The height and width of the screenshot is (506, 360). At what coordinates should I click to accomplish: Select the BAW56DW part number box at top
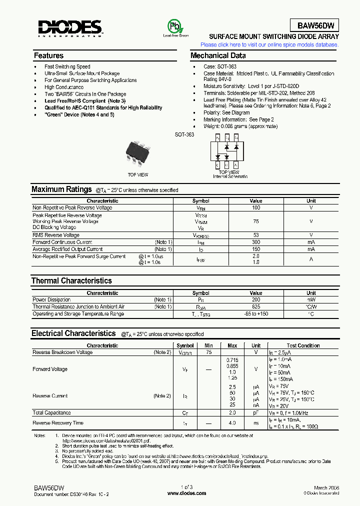click(315, 25)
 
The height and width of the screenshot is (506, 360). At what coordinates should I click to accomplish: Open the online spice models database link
click(269, 44)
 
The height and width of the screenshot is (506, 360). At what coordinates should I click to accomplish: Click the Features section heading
click(48, 55)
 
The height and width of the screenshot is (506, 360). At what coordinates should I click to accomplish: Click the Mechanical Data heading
click(218, 55)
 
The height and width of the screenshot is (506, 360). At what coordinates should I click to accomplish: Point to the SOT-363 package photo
click(138, 151)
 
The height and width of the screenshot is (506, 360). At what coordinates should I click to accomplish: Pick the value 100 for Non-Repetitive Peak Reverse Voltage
click(256, 207)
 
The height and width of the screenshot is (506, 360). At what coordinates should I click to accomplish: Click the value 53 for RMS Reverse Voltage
click(256, 235)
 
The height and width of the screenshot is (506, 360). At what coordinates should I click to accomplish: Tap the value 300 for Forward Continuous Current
click(256, 242)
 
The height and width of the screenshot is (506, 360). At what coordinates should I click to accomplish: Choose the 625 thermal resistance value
click(256, 306)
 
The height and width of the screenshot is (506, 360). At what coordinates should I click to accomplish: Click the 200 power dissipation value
click(256, 299)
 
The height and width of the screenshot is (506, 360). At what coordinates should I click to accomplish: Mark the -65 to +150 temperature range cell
click(256, 313)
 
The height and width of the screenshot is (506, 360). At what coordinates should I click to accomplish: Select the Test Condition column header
click(303, 345)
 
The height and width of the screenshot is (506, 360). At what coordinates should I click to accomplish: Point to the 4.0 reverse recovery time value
click(232, 423)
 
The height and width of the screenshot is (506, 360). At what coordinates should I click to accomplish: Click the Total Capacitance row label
click(51, 413)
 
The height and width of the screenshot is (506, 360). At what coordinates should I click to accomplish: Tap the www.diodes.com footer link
click(186, 493)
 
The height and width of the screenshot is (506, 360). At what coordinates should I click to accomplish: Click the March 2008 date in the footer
click(327, 487)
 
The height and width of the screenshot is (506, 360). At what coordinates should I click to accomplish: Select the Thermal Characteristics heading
click(71, 280)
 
